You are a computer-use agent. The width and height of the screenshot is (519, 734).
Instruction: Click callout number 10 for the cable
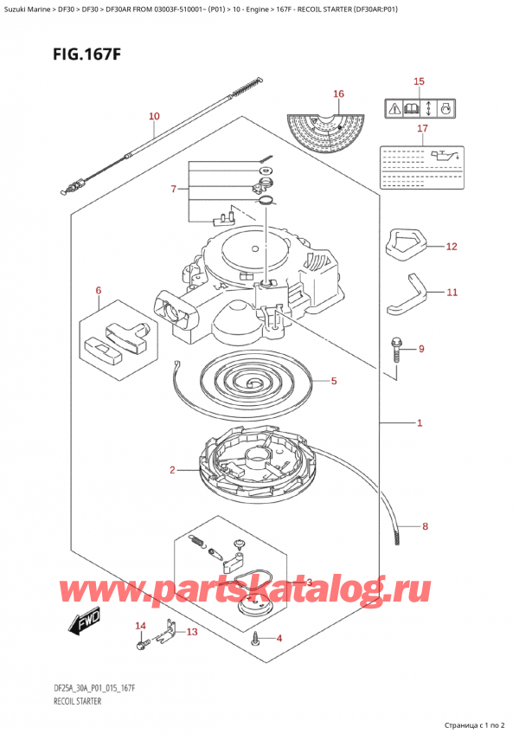[x=154, y=116]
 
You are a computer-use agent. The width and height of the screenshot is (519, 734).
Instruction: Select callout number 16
[x=338, y=93]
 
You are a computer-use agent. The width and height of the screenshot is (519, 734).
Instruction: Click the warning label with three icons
[x=420, y=109]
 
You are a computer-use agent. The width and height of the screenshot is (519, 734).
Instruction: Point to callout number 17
[x=422, y=130]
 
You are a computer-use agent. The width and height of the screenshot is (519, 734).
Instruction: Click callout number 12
[x=451, y=247]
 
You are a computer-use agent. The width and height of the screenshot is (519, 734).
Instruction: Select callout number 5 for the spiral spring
[x=334, y=380]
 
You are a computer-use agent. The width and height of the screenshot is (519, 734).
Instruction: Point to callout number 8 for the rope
[x=425, y=525]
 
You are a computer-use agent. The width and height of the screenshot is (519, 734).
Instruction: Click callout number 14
[x=140, y=625]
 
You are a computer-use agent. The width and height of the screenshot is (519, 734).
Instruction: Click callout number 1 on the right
[x=419, y=423]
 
